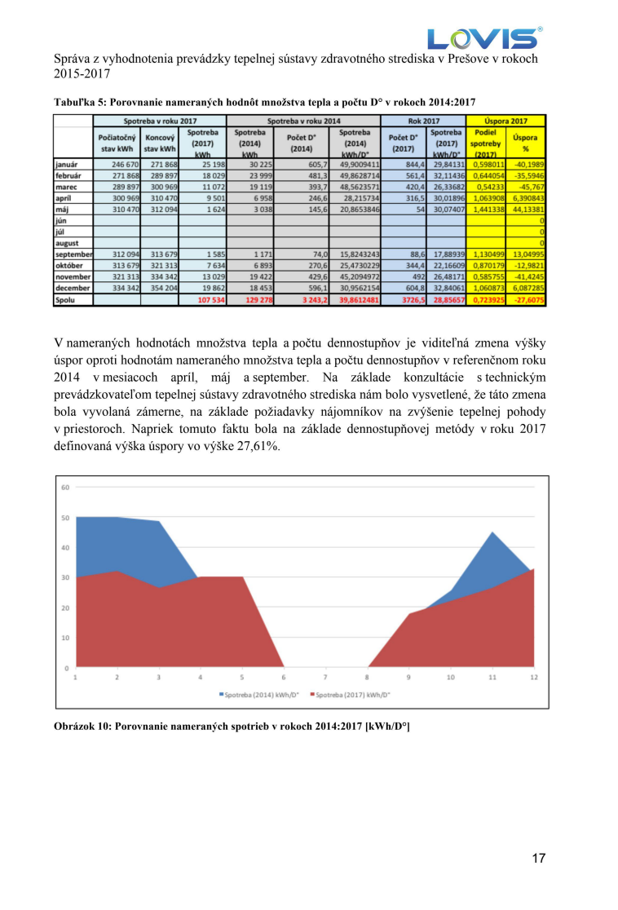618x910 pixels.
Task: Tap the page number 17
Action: (538, 858)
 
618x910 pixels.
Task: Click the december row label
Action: (71, 288)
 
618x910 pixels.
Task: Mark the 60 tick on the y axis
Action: (64, 488)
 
